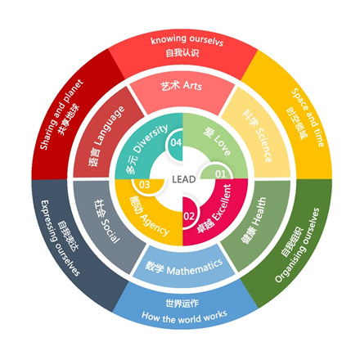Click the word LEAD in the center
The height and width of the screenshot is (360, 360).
tap(184, 179)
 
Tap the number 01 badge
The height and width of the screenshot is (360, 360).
tap(220, 173)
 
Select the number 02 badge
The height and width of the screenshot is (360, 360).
tap(189, 216)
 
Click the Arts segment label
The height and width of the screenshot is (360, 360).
tap(182, 86)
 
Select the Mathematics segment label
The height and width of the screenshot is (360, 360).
tap(183, 268)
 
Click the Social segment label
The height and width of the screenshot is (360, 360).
tap(106, 221)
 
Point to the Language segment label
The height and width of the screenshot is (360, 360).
tap(106, 136)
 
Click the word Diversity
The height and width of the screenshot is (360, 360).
tap(151, 138)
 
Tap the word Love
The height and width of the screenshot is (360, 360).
tap(222, 145)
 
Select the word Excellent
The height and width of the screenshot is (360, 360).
tap(223, 203)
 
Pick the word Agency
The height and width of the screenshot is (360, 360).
tap(155, 225)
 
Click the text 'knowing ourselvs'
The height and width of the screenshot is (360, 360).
tap(187, 40)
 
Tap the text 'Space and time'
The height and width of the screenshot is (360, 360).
tap(308, 118)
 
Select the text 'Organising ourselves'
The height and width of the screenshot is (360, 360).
tap(297, 245)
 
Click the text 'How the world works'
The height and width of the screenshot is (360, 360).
tap(184, 317)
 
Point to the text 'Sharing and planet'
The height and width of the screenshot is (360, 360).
tap(61, 115)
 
